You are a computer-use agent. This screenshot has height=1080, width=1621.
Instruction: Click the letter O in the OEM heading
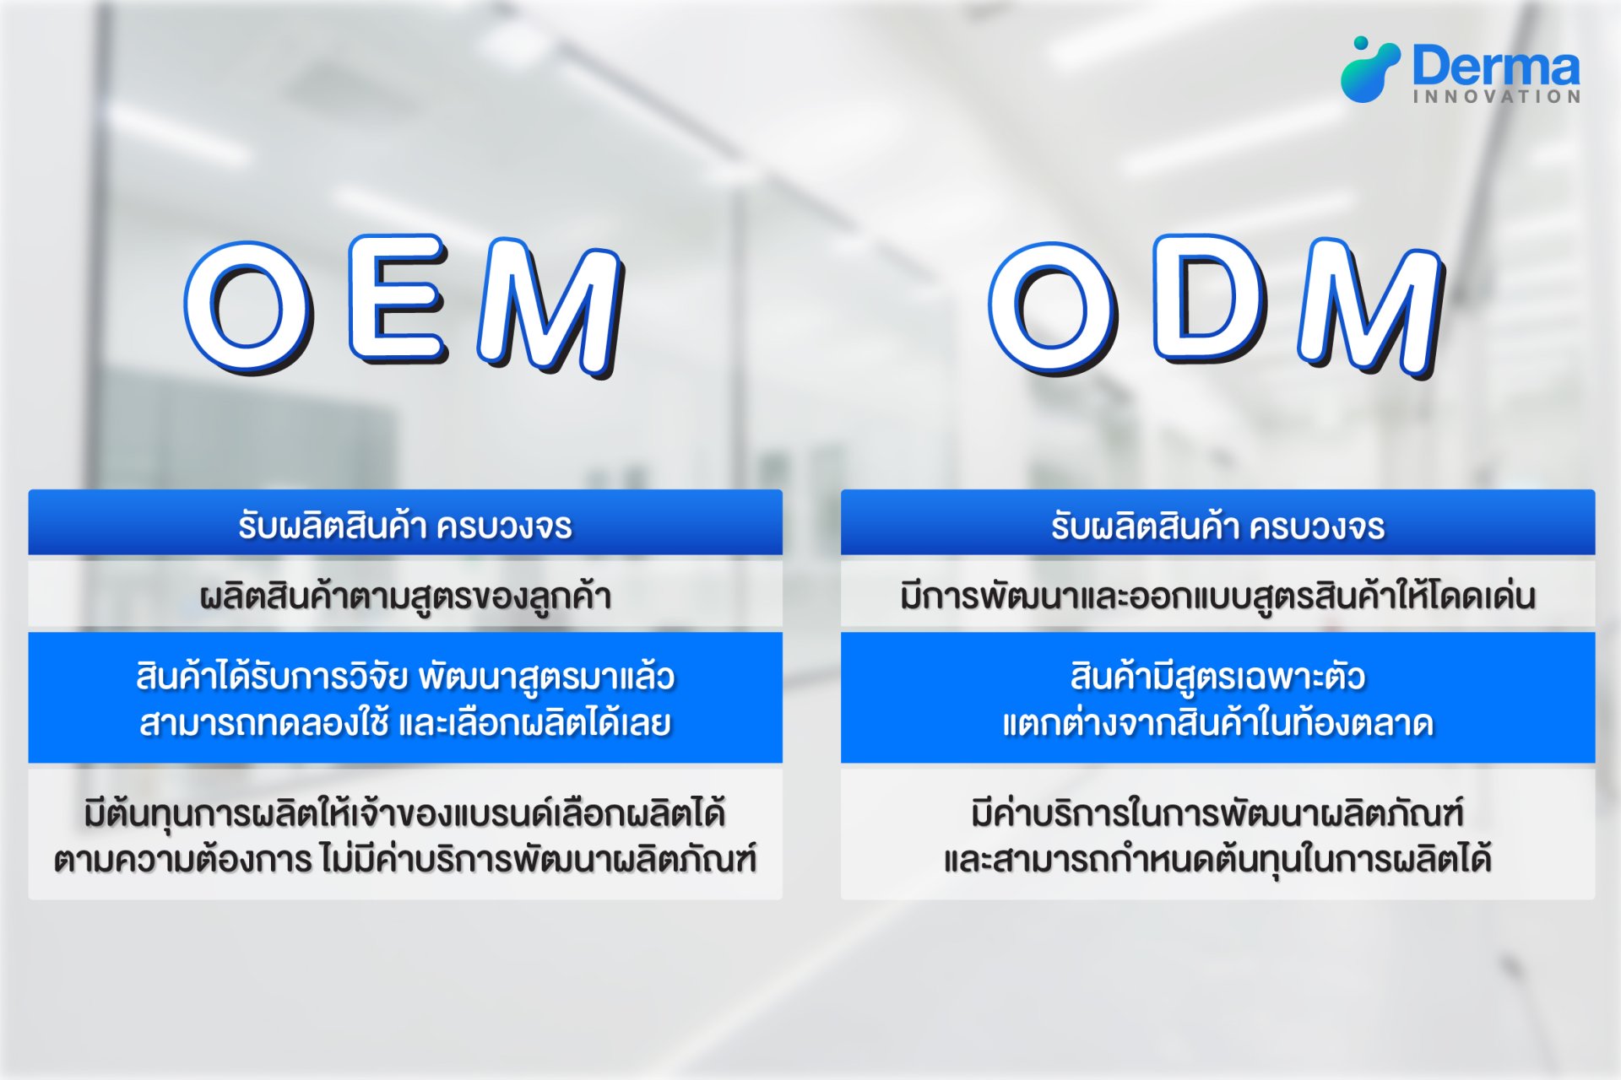247,306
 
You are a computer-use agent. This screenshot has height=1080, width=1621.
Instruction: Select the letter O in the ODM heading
1053,306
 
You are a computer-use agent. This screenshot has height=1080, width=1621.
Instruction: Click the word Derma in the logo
1495,66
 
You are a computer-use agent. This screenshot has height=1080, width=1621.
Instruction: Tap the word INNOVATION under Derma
1497,97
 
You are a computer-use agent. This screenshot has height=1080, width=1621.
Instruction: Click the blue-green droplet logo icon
1369,69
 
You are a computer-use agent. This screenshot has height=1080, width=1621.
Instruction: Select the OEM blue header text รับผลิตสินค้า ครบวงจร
405,526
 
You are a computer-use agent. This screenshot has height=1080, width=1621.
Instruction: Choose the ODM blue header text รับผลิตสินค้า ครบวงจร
1217,526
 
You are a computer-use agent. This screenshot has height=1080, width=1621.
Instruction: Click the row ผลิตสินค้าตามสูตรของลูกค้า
405,596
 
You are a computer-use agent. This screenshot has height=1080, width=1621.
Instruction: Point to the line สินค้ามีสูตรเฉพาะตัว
1217,677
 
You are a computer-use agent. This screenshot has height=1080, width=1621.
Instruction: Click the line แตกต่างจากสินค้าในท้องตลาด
1217,723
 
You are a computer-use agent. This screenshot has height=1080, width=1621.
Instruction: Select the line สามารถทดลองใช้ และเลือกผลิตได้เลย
405,723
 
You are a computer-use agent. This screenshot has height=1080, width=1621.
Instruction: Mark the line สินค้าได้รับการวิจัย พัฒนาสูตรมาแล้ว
405,677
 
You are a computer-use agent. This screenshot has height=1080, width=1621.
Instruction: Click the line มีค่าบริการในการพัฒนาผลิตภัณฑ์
1217,813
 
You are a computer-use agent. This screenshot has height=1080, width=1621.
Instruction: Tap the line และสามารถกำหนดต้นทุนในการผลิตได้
1217,859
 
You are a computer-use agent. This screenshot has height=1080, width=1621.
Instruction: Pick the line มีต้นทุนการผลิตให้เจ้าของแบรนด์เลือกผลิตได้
405,813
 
